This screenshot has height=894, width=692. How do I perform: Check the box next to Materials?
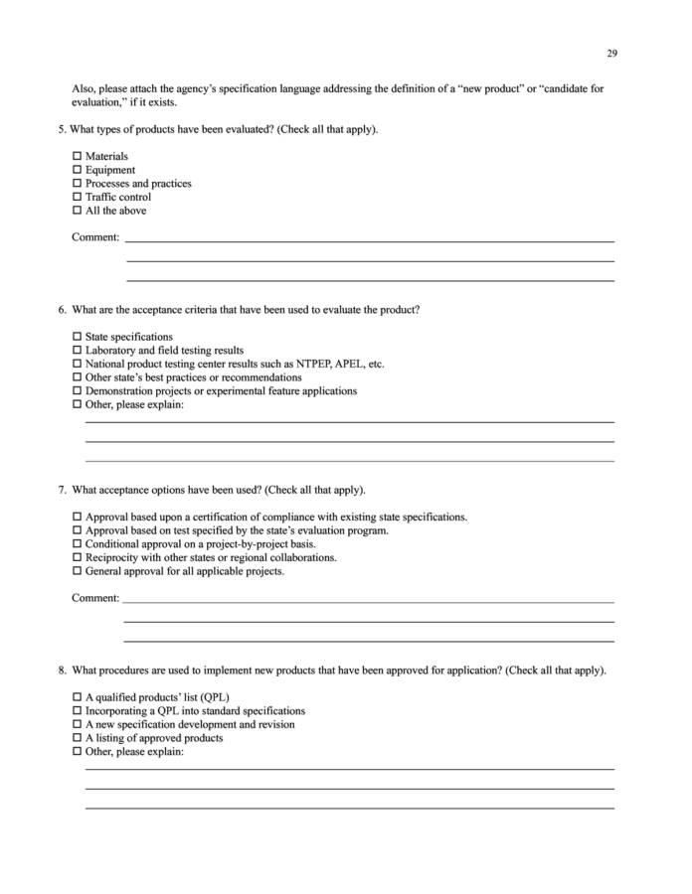(x=78, y=157)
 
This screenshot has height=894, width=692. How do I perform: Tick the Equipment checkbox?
(x=78, y=170)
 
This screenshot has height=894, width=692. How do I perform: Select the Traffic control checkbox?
(x=78, y=197)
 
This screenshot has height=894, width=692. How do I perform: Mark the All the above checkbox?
(x=78, y=211)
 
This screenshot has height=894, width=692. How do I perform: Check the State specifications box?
(x=78, y=337)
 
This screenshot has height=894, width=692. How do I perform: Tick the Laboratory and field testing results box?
(x=78, y=351)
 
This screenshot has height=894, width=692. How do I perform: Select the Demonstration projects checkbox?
(x=78, y=391)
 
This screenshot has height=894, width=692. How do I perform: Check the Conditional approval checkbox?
(x=78, y=544)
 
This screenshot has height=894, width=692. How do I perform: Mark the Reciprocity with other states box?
(x=78, y=558)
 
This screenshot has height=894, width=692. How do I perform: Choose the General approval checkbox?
(x=78, y=571)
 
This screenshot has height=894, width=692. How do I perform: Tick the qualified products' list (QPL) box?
(x=78, y=697)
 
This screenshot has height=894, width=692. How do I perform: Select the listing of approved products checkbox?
(x=78, y=738)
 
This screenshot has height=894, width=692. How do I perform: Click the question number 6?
(x=62, y=310)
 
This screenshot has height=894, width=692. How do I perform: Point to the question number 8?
(x=62, y=670)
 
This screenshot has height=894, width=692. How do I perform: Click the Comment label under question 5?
(x=95, y=237)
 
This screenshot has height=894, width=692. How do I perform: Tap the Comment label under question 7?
(x=95, y=598)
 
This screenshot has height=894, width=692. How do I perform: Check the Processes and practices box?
(x=78, y=184)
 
